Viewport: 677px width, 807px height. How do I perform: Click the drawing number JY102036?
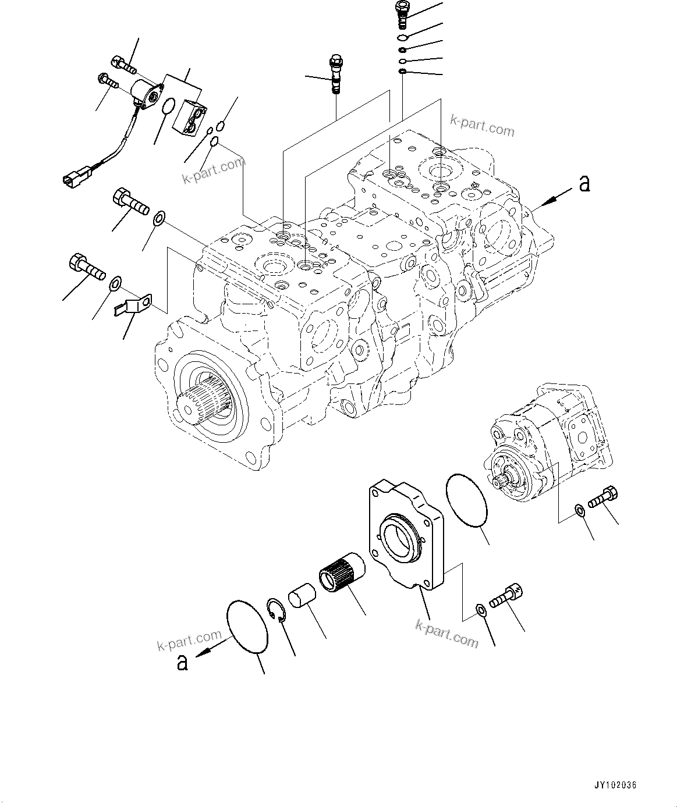point(615,785)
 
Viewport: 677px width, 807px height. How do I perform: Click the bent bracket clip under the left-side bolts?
point(131,305)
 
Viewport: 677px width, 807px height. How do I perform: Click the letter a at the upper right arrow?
point(584,183)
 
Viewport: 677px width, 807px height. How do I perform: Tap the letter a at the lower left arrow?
point(182,662)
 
